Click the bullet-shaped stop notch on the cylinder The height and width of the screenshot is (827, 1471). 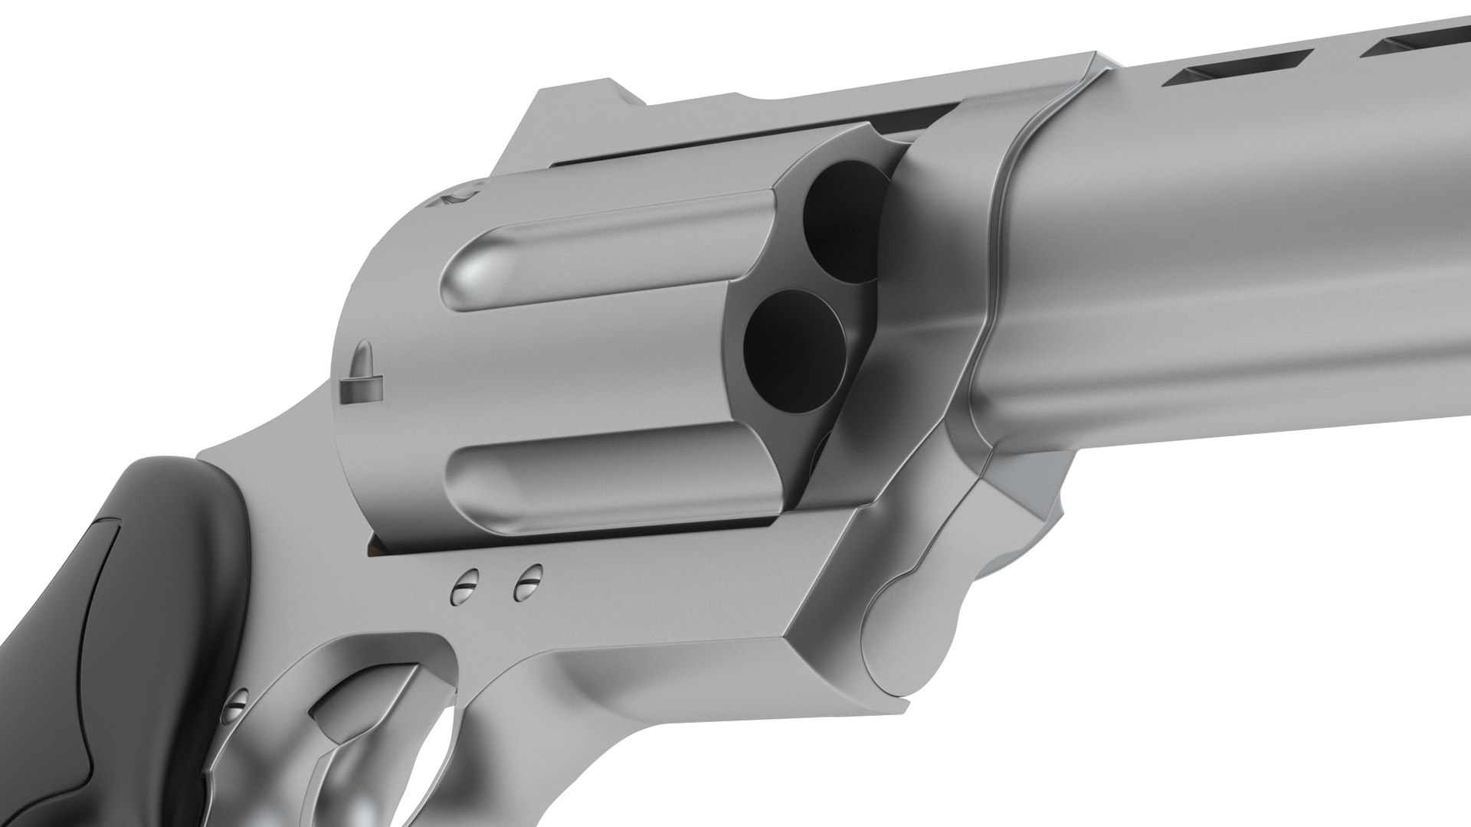(360, 381)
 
